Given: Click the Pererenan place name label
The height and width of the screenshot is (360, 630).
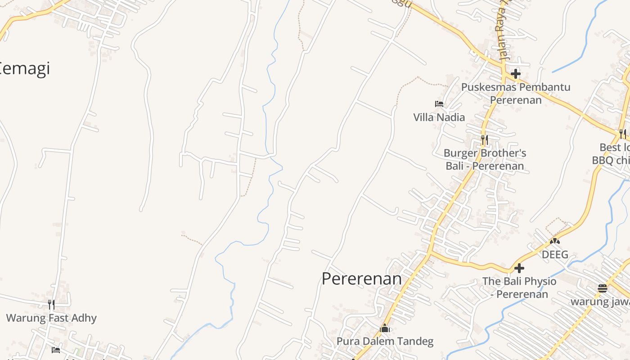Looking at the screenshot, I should point(361,279).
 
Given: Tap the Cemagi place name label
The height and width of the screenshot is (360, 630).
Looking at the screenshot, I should point(25,69).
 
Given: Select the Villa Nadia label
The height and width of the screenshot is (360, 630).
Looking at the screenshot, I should point(439,117).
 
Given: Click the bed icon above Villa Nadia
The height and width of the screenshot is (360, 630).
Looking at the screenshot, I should point(439,104).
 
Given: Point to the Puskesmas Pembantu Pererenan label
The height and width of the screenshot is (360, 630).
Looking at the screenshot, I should point(516,93).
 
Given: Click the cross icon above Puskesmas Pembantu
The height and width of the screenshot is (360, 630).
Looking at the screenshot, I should point(516,73).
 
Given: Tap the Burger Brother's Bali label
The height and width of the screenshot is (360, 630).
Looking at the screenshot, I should point(485,159).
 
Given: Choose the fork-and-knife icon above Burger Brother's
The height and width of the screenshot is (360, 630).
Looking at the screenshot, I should point(484,139).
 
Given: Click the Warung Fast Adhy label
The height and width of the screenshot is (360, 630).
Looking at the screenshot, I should point(51,318).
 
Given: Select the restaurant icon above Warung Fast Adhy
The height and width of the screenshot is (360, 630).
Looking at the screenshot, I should point(51,305).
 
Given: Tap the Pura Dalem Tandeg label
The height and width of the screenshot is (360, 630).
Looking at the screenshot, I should point(385,342).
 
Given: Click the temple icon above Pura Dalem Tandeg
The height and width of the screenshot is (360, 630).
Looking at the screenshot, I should point(385,328).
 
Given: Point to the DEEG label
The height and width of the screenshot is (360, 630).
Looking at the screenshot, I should point(555,255).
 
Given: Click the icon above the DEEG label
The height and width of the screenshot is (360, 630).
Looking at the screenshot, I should point(555,241).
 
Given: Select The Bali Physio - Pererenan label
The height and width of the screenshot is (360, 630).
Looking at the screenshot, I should point(519,288).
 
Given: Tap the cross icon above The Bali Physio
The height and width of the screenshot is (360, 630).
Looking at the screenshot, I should point(519,268).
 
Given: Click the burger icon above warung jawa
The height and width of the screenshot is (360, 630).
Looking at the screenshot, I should point(603,288).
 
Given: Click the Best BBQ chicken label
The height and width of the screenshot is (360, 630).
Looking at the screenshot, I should point(612,154).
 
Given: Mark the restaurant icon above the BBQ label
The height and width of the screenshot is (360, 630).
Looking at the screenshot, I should point(622,134).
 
